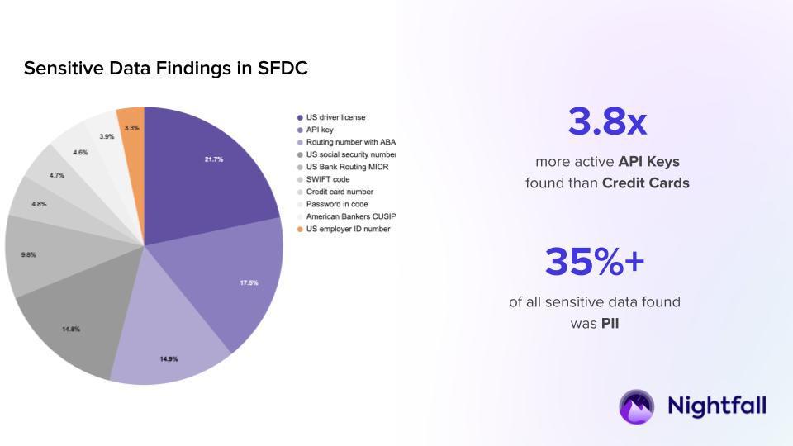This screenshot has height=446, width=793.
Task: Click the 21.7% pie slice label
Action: (x=214, y=159)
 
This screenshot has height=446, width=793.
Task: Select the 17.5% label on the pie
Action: (x=249, y=282)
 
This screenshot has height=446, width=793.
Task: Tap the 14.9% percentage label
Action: (x=169, y=359)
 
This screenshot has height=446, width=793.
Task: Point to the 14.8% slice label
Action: (x=70, y=329)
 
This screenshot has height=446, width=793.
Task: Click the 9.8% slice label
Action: (x=27, y=254)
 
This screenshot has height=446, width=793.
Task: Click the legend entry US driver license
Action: (x=335, y=117)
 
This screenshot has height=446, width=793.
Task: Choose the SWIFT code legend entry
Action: (x=329, y=179)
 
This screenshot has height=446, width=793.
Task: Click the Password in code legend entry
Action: (x=337, y=204)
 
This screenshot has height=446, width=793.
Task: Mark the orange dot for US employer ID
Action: (x=299, y=229)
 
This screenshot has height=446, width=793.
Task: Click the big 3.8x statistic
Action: (x=607, y=121)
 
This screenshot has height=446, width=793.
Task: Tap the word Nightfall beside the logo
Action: (x=716, y=406)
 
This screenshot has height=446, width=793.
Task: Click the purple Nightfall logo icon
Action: (x=637, y=406)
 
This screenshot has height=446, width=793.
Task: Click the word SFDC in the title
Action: (x=283, y=69)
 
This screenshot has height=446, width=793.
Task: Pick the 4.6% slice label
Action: (x=80, y=152)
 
